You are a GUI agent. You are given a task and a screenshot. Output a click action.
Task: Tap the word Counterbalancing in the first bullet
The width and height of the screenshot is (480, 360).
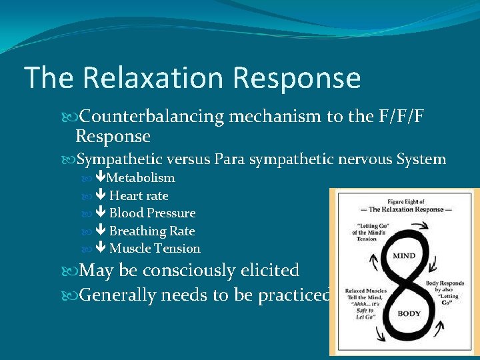point(151,117)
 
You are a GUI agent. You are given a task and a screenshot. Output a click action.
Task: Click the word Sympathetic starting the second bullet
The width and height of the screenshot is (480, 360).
point(118,159)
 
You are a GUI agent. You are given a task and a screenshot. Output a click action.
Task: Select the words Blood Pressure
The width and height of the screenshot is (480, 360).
point(152,213)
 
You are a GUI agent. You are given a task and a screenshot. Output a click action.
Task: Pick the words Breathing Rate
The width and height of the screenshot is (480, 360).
point(152,231)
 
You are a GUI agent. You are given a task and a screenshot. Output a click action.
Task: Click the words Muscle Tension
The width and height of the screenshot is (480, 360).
point(155,249)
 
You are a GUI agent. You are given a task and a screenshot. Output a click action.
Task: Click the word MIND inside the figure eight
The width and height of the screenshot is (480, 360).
point(403,256)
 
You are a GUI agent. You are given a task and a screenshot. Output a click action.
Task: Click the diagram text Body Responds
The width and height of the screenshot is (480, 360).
point(445,283)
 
